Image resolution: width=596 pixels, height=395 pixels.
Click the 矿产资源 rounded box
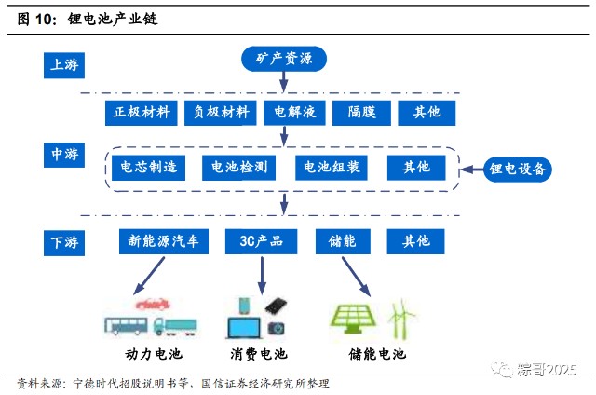point(284,59)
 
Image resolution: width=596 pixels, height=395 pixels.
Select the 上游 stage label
point(64,65)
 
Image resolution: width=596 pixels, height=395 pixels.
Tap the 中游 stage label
point(64,155)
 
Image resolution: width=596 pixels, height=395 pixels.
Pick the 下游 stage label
point(64,243)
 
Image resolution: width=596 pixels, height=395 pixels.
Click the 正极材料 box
point(142,113)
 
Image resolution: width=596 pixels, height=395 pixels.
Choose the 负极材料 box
point(221,113)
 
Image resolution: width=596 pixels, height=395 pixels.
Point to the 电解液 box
point(294,113)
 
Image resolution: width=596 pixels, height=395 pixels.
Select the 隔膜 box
point(361,113)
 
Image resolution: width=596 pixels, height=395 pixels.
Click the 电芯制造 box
point(149,168)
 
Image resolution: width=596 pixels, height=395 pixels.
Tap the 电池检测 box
point(238,168)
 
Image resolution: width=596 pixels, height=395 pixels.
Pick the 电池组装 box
point(332,168)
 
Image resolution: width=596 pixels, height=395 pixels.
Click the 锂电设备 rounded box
point(518,170)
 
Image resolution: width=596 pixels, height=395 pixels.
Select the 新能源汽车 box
point(164,241)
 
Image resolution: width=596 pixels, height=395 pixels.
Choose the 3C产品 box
point(261,241)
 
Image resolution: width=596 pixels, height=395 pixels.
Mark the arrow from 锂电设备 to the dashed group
point(472,170)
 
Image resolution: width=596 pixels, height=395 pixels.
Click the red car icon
point(153,304)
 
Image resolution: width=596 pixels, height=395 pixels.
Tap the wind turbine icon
point(401,319)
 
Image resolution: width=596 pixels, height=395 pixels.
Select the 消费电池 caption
point(259,354)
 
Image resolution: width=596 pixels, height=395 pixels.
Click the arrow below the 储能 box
point(356,277)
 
